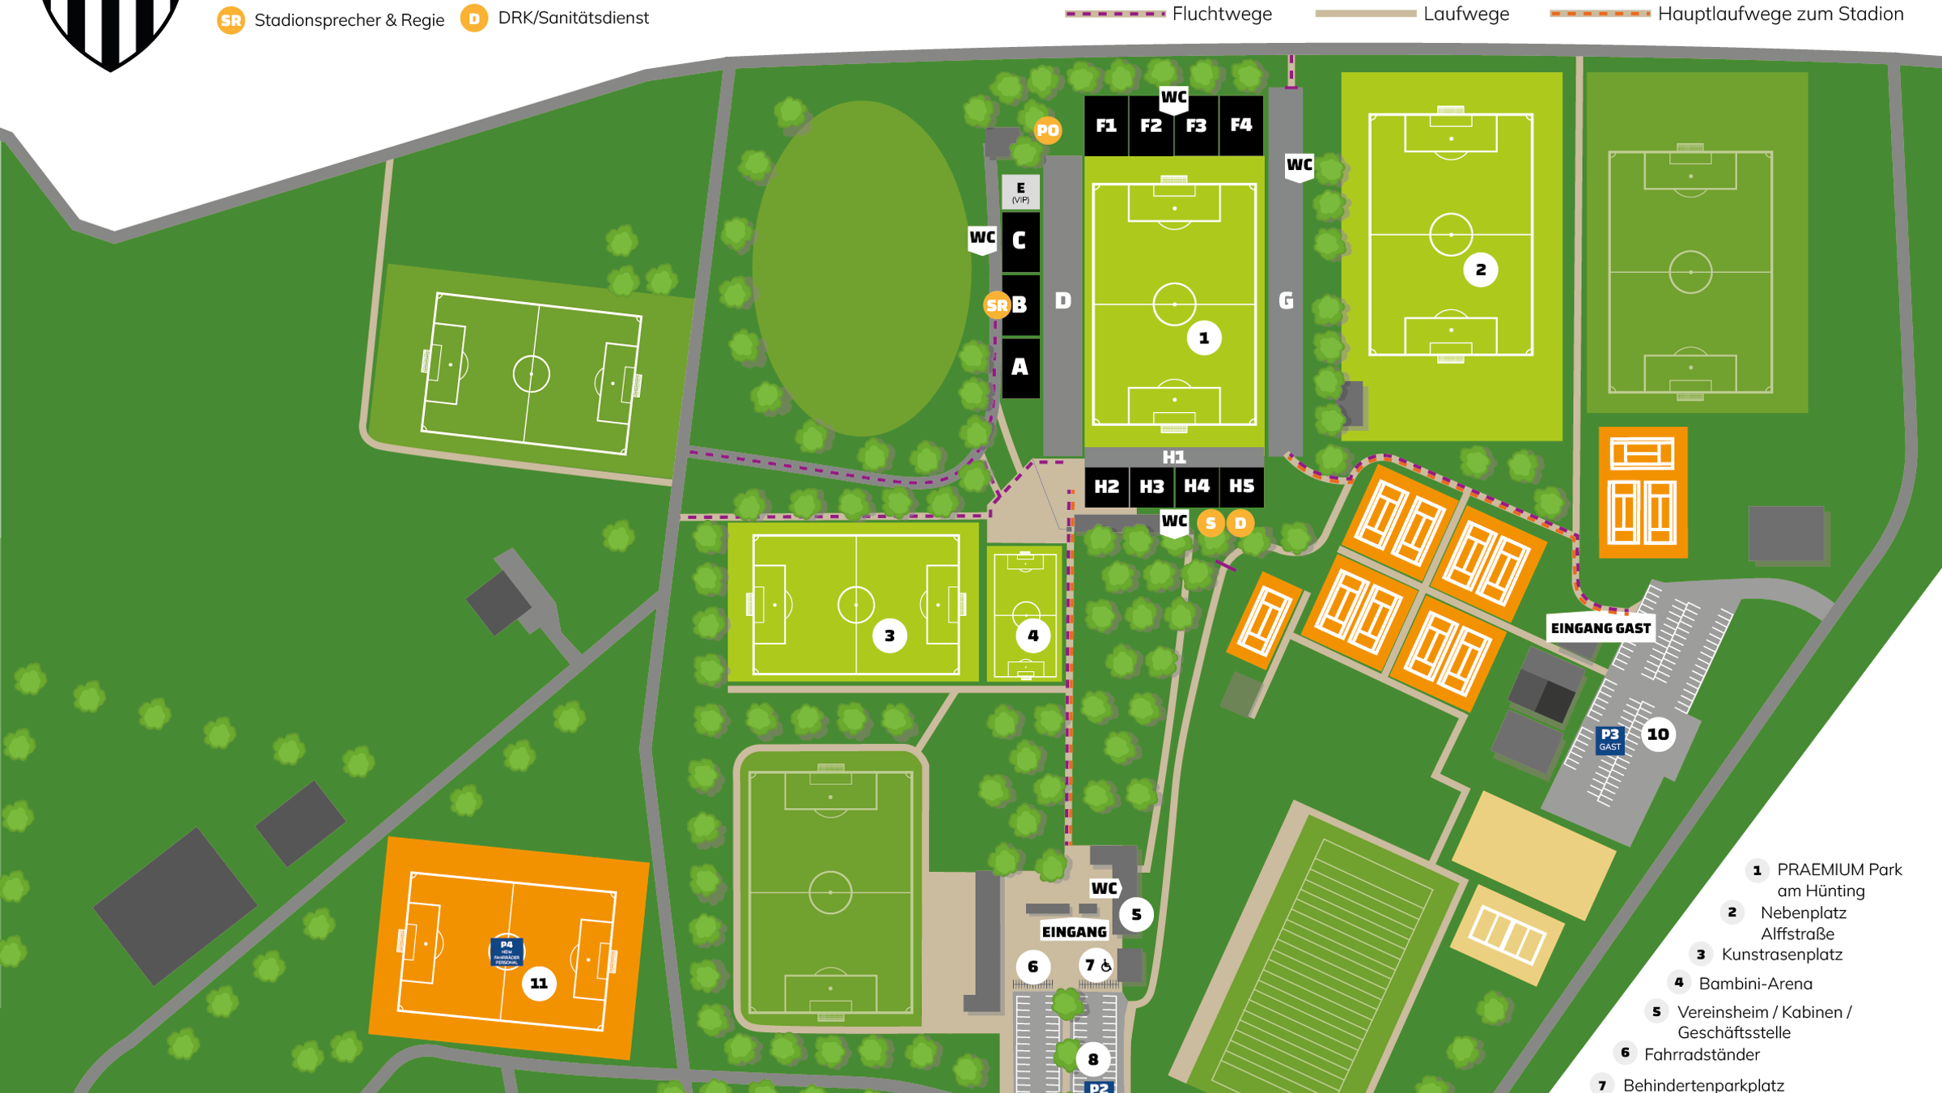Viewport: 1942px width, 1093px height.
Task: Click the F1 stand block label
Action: click(1106, 125)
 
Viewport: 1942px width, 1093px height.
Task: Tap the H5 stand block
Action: click(1241, 486)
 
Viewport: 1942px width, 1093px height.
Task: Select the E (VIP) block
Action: click(1020, 192)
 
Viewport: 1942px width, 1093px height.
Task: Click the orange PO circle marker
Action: click(1048, 130)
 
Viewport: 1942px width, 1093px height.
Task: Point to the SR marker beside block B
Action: click(997, 305)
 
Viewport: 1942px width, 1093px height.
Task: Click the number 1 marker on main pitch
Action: click(1204, 338)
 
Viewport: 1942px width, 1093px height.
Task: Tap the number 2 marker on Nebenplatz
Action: click(1481, 270)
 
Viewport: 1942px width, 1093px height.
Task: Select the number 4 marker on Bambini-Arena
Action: click(1033, 636)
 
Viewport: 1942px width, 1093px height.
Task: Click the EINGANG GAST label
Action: click(1601, 628)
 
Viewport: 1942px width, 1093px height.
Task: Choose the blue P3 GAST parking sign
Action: click(1609, 739)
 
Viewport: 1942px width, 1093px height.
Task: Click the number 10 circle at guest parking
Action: click(1658, 734)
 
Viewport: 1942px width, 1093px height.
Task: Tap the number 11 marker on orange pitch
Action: click(539, 984)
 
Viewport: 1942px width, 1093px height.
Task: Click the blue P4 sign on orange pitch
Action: click(507, 951)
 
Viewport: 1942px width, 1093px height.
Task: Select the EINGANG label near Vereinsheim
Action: click(1074, 932)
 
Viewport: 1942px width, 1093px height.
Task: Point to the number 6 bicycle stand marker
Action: click(1033, 967)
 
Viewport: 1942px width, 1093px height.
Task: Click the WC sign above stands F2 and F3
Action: click(1173, 98)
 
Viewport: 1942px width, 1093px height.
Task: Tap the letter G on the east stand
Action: click(1286, 301)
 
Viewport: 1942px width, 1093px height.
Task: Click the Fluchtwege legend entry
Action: click(1221, 14)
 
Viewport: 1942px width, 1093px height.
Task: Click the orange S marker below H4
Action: click(1211, 523)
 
